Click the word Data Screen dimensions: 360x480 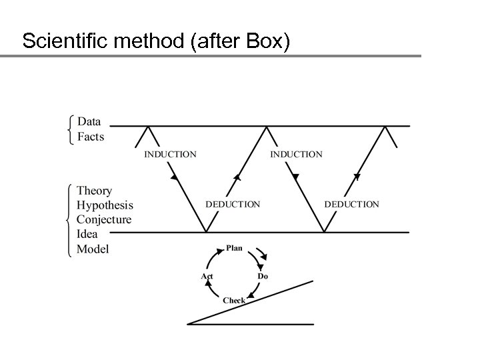(89, 121)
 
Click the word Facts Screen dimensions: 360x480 (91, 137)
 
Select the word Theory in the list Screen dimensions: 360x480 (95, 191)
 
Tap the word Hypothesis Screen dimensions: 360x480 (105, 206)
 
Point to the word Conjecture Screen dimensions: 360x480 (104, 220)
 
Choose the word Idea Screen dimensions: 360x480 (87, 234)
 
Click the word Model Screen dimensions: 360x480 (93, 249)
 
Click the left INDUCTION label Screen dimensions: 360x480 (171, 154)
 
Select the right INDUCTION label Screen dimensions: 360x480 (296, 154)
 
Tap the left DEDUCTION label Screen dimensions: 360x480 (233, 204)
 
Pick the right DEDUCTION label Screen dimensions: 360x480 (351, 204)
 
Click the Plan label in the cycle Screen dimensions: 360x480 (235, 248)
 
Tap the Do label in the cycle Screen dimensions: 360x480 (263, 276)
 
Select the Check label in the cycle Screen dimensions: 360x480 (234, 301)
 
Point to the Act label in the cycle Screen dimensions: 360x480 (207, 276)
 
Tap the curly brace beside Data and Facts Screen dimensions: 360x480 (71, 129)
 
